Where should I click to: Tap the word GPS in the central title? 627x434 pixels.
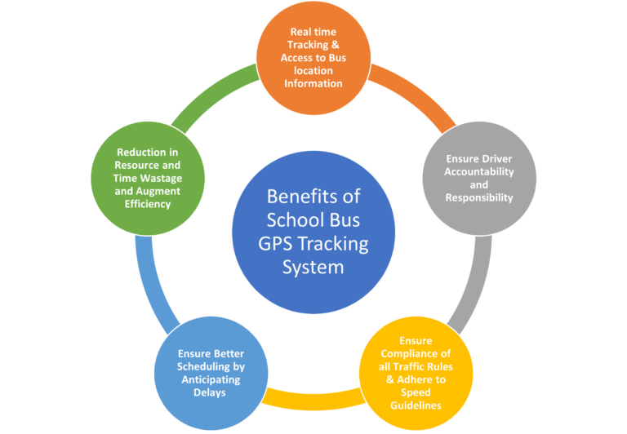[x=275, y=244]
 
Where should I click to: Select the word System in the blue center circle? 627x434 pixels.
[x=313, y=268]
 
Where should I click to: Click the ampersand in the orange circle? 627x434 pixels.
[x=335, y=45]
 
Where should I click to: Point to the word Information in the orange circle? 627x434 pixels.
[x=313, y=83]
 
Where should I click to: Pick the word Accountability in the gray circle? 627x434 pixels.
[x=479, y=172]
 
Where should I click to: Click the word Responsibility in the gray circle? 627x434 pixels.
[x=479, y=197]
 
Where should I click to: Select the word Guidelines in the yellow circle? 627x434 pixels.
[x=416, y=405]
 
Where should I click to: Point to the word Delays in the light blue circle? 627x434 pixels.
[x=210, y=392]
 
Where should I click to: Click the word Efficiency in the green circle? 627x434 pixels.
[x=148, y=204]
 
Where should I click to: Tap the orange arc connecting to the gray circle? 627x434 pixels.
[x=416, y=95]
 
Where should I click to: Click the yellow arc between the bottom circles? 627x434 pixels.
[x=313, y=401]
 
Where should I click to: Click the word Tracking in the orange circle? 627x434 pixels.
[x=308, y=45]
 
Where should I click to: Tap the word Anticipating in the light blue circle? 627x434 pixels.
[x=211, y=379]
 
